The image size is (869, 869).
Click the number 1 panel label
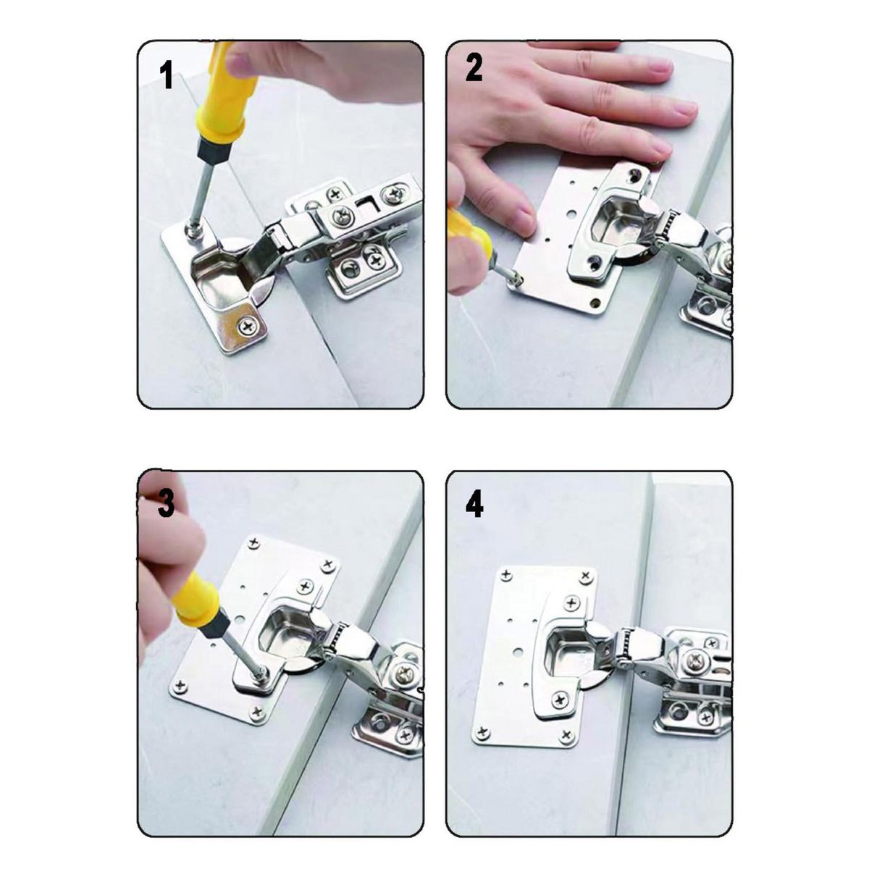click(167, 75)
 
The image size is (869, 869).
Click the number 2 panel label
click(474, 67)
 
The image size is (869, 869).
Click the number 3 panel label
click(166, 503)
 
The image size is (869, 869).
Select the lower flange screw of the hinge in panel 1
click(248, 327)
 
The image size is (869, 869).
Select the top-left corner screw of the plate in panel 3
click(254, 542)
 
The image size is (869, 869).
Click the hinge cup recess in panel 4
click(568, 647)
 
